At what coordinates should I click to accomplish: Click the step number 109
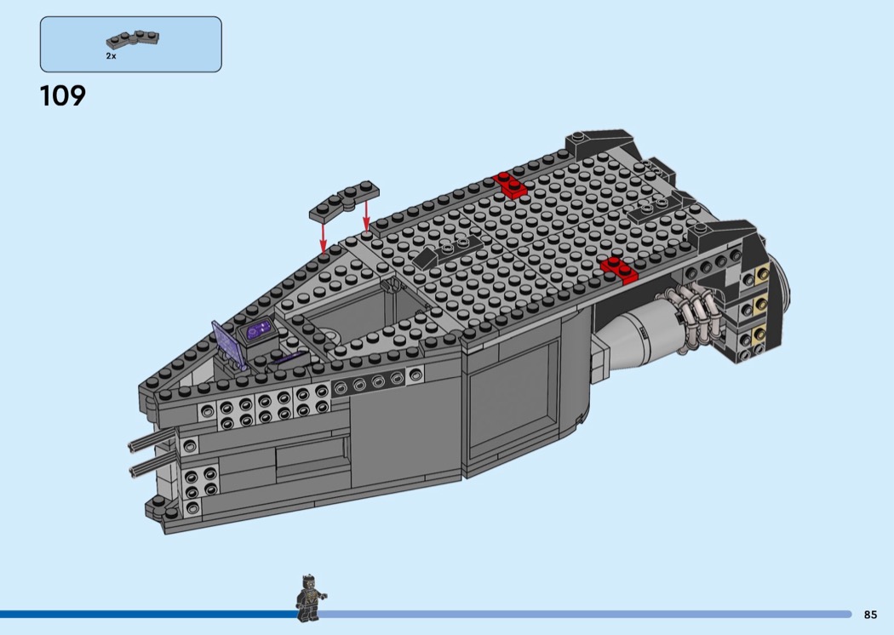pos(63,96)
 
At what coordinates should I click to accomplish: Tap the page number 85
pos(870,615)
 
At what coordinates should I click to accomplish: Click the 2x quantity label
pos(111,56)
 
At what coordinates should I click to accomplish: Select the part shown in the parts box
pos(133,39)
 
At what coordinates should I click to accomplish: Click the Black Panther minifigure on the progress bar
pos(309,598)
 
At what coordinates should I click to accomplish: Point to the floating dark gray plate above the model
pos(344,201)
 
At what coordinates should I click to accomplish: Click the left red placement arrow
pos(324,237)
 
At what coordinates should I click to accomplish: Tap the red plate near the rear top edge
pos(511,185)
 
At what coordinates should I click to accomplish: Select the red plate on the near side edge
pos(619,270)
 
